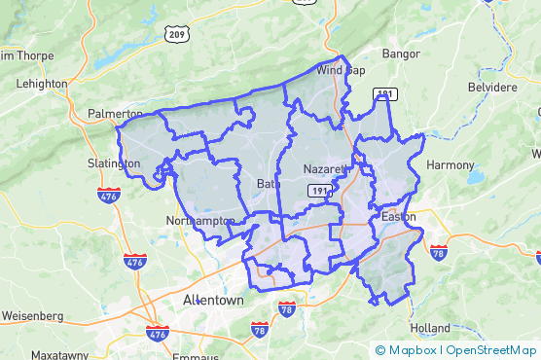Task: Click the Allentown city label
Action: point(213,301)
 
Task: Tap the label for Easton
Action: point(399,216)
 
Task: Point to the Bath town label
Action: point(268,184)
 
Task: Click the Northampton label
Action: point(200,221)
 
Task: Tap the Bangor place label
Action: point(400,53)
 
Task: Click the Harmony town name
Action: point(450,165)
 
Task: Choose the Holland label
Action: point(431,328)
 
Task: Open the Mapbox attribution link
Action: point(407,350)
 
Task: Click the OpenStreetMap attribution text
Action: point(492,350)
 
